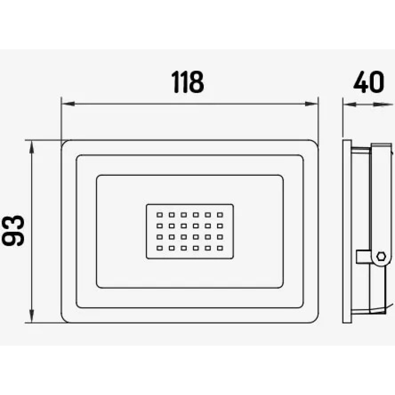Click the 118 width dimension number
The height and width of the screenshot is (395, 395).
[188, 82]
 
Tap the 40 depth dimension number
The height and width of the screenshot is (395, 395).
[369, 82]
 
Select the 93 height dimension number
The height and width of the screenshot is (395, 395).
[13, 230]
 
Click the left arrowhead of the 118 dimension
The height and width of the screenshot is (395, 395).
[68, 103]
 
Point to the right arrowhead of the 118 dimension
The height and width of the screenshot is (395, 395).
[311, 103]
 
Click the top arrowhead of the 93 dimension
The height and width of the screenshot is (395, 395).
[32, 147]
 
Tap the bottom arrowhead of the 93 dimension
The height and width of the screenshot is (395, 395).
[32, 316]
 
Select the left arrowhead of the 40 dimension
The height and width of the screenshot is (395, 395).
[350, 104]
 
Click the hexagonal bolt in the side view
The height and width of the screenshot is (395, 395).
[381, 256]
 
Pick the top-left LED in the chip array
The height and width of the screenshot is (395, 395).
[160, 215]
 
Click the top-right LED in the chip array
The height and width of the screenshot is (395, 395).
[220, 215]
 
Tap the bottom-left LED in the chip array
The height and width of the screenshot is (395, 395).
[160, 248]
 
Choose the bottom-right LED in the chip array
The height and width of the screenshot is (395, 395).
[220, 248]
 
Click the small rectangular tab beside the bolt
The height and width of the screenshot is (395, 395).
[363, 257]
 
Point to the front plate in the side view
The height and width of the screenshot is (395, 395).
[347, 231]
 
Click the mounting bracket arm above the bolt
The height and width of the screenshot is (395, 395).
[382, 196]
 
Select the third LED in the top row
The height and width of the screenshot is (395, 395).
[184, 215]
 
